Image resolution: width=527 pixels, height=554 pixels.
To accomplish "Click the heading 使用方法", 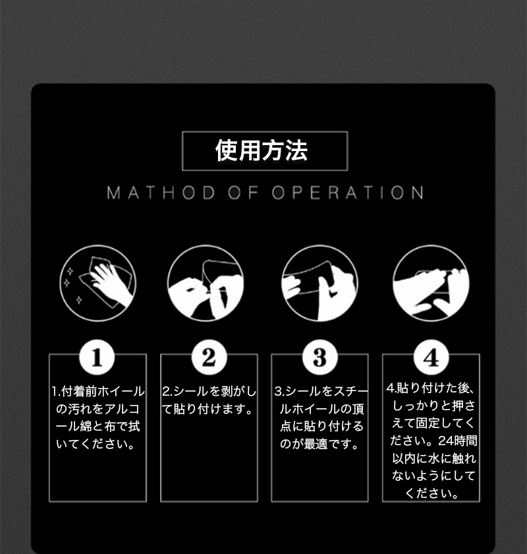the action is tap(262, 150).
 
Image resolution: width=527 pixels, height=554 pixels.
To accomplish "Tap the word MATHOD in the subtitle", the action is tap(161, 193).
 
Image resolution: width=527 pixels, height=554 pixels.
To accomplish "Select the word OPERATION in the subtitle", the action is tap(348, 193).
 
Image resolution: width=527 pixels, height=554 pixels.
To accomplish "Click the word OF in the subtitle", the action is tap(243, 193).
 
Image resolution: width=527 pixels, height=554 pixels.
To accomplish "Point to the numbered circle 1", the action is tap(97, 357).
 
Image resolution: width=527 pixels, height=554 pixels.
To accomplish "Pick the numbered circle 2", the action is tap(209, 357).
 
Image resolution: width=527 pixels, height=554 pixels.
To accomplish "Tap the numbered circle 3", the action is tap(319, 357).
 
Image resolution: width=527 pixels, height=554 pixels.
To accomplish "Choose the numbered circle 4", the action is tap(431, 357).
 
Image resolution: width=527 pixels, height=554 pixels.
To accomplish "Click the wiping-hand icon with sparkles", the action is tap(97, 283).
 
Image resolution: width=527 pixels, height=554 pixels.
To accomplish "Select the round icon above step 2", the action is tap(206, 283).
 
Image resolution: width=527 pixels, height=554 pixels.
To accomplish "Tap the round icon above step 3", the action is tap(319, 283).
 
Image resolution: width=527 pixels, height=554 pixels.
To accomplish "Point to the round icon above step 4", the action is tap(431, 283).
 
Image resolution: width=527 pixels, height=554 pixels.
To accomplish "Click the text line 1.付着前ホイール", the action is tap(97, 392).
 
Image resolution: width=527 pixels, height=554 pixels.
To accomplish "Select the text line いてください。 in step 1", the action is tap(96, 444).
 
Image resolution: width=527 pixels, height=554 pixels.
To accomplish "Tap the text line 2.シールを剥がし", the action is tap(209, 392).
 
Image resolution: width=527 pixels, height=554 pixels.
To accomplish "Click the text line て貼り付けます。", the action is tap(208, 409).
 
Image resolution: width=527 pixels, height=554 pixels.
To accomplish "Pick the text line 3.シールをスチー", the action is tap(321, 392).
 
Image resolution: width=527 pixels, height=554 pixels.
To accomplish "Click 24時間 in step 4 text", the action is tap(457, 441).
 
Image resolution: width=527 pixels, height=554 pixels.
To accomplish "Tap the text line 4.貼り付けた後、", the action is tap(430, 388).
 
